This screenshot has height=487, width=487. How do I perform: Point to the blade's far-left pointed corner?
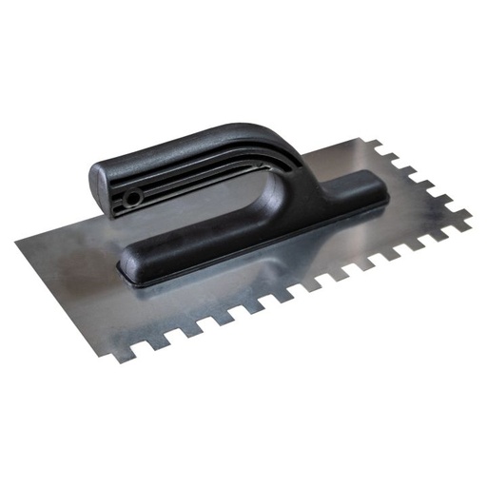point(17,240)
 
